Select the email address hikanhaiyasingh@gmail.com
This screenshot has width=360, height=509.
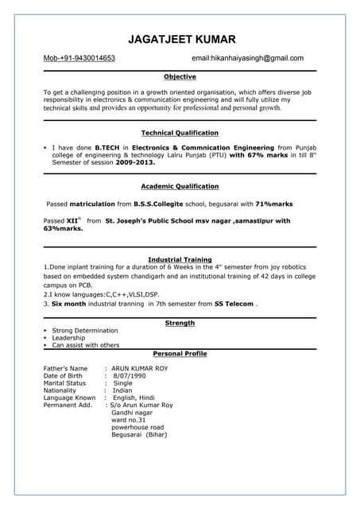coord(259,58)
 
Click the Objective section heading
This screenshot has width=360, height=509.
coord(180,77)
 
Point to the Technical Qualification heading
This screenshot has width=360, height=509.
coord(180,133)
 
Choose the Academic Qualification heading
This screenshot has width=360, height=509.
coord(180,186)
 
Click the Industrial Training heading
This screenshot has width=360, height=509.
coord(180,259)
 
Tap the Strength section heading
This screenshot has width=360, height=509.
coord(180,323)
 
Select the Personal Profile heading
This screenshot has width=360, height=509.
coord(180,352)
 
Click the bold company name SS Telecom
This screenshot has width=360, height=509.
coord(234,304)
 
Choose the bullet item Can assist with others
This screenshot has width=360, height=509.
coord(86,345)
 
